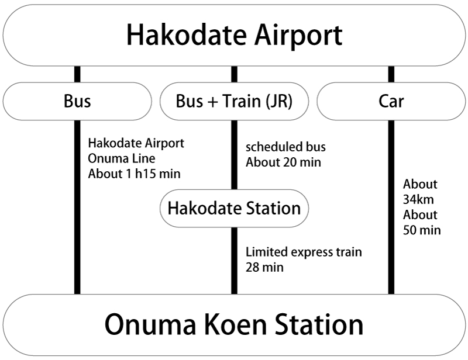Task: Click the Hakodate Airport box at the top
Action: (x=234, y=35)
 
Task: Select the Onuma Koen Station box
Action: (x=234, y=324)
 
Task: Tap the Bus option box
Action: (x=77, y=101)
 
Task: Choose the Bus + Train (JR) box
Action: (x=234, y=101)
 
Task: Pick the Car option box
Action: (x=391, y=101)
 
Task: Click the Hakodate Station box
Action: (x=234, y=208)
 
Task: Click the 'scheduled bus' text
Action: (x=285, y=147)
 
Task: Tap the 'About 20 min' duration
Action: (x=283, y=162)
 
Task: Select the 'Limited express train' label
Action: (x=304, y=252)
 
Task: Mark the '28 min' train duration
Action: (x=264, y=268)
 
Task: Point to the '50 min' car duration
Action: (x=422, y=230)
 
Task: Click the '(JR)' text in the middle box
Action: (x=278, y=101)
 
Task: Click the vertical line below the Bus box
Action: (x=77, y=234)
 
